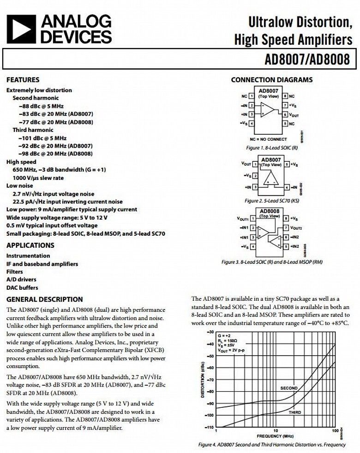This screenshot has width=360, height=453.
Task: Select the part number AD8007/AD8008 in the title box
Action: tap(307, 60)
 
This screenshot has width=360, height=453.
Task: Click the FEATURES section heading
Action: tap(23, 80)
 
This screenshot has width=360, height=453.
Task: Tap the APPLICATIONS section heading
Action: tap(30, 245)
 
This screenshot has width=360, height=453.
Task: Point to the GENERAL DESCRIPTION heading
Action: tap(45, 299)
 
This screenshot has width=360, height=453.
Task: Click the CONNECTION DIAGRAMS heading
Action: tap(271, 80)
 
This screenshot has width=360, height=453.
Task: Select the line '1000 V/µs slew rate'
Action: tap(38, 178)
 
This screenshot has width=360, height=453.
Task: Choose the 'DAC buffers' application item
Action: tap(22, 287)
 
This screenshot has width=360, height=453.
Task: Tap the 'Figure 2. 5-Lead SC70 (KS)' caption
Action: tap(271, 201)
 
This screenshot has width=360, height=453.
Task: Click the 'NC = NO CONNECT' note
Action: tap(268, 139)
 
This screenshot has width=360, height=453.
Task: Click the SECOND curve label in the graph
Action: tap(289, 388)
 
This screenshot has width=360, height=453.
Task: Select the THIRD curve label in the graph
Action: tap(295, 412)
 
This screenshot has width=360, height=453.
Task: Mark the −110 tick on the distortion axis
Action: tap(210, 428)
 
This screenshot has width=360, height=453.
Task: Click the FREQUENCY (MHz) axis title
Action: tap(276, 436)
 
